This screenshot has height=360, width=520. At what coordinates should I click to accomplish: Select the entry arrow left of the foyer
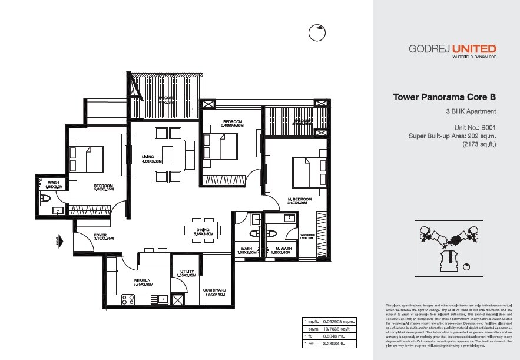pyautogui.click(x=59, y=240)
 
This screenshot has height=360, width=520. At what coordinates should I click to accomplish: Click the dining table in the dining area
pyautogui.click(x=203, y=230)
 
